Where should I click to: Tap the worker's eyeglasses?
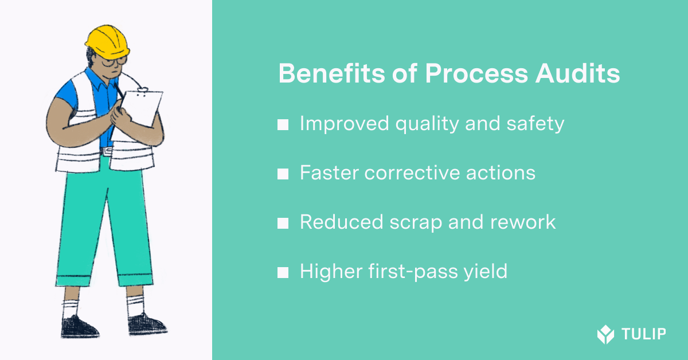(x=114, y=61)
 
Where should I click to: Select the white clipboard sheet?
(x=141, y=108)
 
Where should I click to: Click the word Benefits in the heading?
(x=331, y=74)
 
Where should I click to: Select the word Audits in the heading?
(x=577, y=74)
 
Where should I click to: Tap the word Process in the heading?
(x=476, y=74)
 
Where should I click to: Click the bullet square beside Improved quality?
(x=283, y=125)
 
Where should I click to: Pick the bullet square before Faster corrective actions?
(x=283, y=174)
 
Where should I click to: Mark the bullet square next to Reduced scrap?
(x=283, y=224)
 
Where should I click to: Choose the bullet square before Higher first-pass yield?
(x=283, y=272)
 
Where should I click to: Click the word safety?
(x=535, y=124)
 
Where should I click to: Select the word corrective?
(x=412, y=173)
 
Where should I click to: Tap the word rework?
(x=523, y=222)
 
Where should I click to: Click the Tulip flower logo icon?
(x=605, y=334)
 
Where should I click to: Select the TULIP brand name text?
(x=644, y=334)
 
